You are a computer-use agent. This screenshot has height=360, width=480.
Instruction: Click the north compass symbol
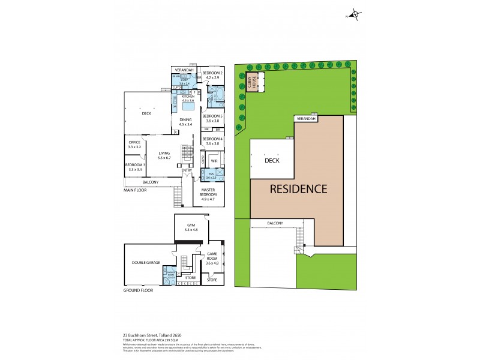[355, 16]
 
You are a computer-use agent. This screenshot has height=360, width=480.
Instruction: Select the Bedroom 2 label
[214, 73]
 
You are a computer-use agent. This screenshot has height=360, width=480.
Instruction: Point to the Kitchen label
[188, 96]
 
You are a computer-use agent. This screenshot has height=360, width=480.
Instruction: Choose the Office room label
[134, 142]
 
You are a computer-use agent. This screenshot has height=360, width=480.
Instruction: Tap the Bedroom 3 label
[134, 165]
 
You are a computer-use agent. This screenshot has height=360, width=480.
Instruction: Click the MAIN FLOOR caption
[135, 190]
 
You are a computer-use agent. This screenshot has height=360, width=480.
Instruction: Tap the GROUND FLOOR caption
[138, 290]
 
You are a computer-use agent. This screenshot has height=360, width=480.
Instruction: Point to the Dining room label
[185, 120]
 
